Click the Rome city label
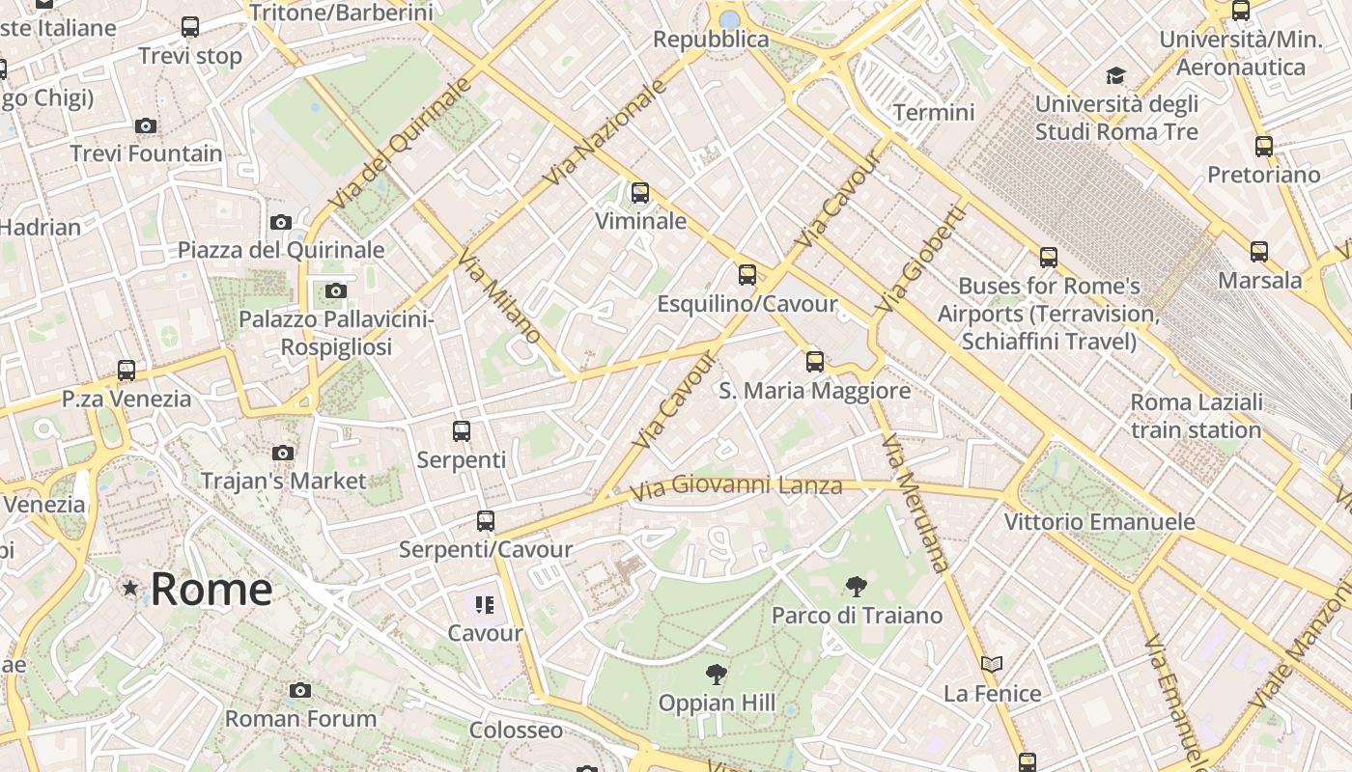211,589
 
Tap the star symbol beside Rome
130,588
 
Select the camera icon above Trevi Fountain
146,125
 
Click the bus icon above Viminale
639,193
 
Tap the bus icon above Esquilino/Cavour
746,275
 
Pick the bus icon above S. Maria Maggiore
815,362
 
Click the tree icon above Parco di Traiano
856,586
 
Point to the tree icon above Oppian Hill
716,674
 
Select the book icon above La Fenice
992,664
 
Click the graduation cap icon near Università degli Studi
1115,75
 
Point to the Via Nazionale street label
606,132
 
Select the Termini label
934,113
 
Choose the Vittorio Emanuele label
1099,522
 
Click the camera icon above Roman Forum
300,690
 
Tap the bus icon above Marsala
1258,252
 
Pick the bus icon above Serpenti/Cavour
486,521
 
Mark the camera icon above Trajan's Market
283,453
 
